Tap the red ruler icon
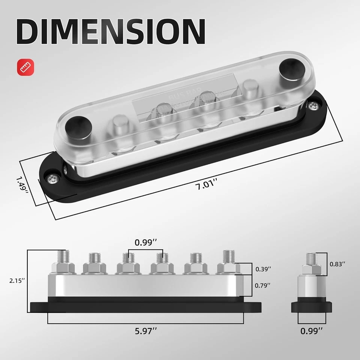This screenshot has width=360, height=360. click(25, 67)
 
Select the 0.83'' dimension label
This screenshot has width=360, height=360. click(337, 264)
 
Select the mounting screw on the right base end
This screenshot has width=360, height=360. click(312, 106)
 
